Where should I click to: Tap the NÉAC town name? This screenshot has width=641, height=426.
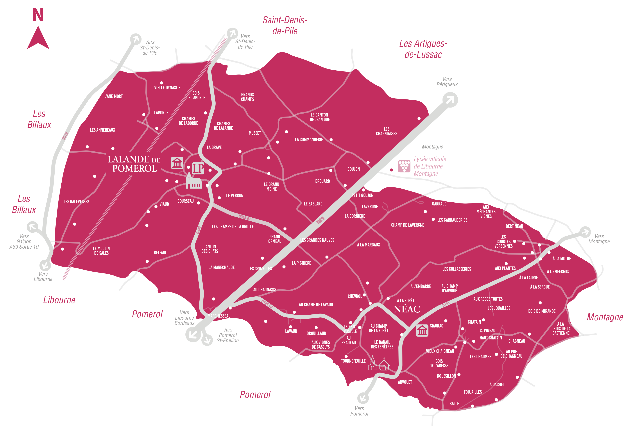click(407, 309)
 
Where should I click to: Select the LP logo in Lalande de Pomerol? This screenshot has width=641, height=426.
click(198, 168)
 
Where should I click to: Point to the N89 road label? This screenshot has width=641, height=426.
click(320, 220)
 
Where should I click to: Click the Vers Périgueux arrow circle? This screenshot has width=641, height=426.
click(450, 100)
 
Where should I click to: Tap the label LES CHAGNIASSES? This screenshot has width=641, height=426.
click(386, 131)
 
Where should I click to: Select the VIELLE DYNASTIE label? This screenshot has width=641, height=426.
click(167, 88)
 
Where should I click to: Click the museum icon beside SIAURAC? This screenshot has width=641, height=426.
click(422, 330)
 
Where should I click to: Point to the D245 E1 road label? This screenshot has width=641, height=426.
click(244, 218)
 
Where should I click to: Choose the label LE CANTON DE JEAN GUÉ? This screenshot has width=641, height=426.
click(320, 117)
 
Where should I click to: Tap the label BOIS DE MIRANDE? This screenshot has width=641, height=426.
click(542, 311)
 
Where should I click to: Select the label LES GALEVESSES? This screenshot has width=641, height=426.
click(76, 202)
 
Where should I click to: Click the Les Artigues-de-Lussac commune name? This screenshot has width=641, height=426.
click(423, 49)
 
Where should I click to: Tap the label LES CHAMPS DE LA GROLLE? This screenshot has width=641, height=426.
click(233, 227)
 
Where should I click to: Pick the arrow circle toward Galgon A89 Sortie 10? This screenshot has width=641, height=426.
click(33, 227)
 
